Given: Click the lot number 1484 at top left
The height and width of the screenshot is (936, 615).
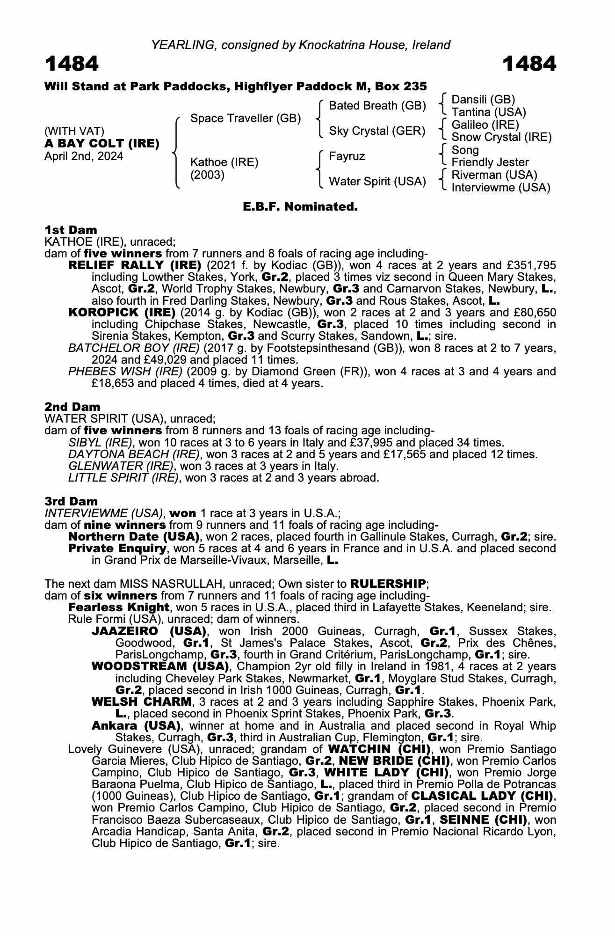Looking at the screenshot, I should [72, 64].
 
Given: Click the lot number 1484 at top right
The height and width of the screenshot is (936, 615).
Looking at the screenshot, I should [529, 64].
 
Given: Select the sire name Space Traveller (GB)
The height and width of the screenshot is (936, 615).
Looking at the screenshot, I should [246, 118].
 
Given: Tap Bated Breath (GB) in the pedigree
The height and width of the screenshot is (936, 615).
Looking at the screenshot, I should [377, 106].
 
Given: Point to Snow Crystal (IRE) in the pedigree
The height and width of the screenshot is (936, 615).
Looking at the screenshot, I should [501, 137].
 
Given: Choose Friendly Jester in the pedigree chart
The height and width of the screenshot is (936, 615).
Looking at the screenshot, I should [490, 162].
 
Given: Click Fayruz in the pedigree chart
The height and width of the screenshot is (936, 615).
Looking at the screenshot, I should [347, 156].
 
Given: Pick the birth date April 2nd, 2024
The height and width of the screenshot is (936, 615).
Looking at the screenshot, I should [84, 156].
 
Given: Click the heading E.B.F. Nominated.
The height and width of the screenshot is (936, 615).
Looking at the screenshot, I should [300, 206].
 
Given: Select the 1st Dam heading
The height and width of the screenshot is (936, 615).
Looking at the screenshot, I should [71, 230].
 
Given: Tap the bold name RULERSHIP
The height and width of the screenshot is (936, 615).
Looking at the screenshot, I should [388, 584].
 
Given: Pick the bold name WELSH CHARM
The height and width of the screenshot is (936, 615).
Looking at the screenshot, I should [142, 702].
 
